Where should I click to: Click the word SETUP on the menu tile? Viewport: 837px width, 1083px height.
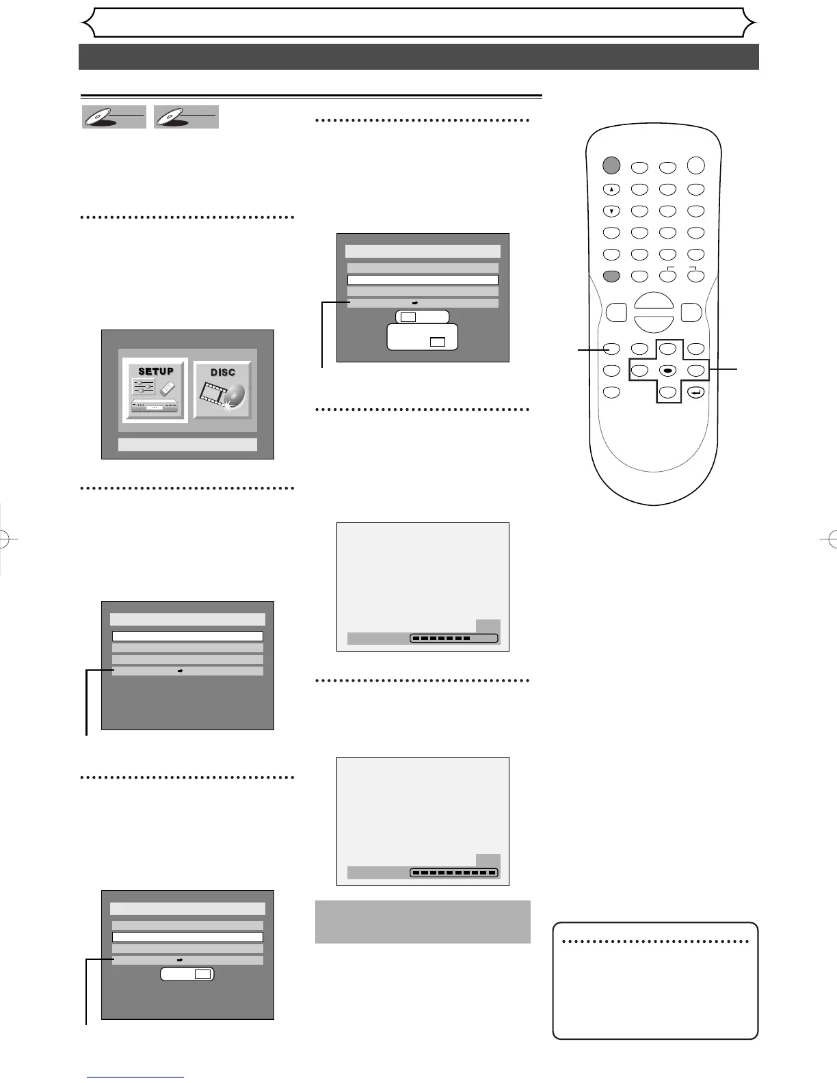pos(156,371)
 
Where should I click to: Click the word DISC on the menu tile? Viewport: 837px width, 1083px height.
pos(223,373)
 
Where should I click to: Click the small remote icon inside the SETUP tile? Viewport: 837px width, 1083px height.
pos(168,388)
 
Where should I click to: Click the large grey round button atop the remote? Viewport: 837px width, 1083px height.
pos(611,165)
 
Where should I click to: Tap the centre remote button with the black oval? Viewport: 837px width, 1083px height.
pos(668,370)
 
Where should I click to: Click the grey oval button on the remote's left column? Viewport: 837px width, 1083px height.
pos(611,276)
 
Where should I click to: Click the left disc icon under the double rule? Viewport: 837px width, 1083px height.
pos(114,117)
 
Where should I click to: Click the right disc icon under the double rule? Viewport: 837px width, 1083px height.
pos(186,117)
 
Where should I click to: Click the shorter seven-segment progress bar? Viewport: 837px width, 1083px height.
pos(454,639)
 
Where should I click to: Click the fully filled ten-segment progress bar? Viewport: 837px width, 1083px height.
pos(454,873)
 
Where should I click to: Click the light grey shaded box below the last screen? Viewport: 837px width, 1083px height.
pos(423,922)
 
